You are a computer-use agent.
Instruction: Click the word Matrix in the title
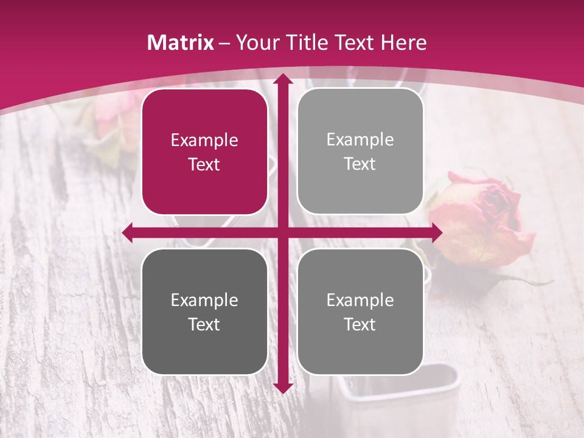(181, 43)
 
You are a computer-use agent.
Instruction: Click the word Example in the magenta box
(204, 141)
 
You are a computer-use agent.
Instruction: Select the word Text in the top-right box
(360, 164)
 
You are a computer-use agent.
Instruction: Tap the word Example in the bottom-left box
(204, 300)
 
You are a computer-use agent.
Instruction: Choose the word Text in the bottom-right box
(360, 324)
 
